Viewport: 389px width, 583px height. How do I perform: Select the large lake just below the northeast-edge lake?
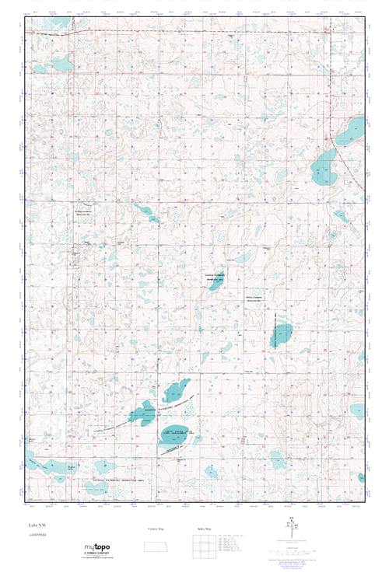coord(324,169)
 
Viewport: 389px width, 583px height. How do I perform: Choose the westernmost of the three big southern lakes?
coord(142,413)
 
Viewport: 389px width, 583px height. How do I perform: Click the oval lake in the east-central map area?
coord(282,334)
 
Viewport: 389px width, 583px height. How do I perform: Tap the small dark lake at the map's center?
coord(213,282)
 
